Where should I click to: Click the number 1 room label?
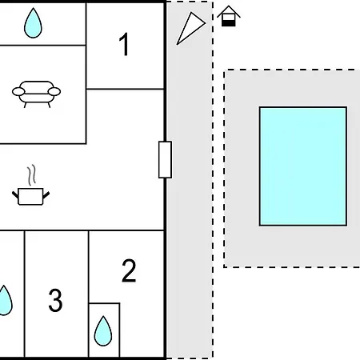pos(125,44)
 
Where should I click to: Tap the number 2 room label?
pos(129,270)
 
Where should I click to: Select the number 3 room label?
pos(55,300)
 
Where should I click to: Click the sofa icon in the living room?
pos(36,94)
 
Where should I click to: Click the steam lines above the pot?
pos(32,175)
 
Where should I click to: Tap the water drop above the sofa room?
pos(33,23)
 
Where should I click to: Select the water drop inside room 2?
pos(103,331)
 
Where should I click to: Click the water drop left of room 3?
pos(5,300)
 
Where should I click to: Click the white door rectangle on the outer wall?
pos(165,160)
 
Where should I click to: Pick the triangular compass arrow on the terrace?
pos(190,28)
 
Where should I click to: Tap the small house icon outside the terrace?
pos(229,16)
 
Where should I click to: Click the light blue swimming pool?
pos(303,166)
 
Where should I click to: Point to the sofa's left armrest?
pos(18,92)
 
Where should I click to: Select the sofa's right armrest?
pos(54,92)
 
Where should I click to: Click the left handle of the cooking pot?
pos(15,194)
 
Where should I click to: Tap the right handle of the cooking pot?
pos(46,195)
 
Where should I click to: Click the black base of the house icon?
pos(229,23)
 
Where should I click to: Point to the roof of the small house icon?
pos(229,11)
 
